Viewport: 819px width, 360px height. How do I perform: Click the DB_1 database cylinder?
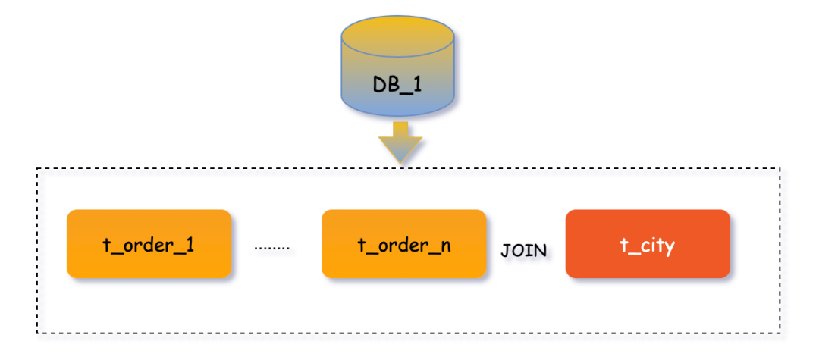(x=398, y=72)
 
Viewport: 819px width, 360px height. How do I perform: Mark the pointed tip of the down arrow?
(x=400, y=163)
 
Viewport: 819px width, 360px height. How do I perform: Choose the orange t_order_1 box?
(x=149, y=244)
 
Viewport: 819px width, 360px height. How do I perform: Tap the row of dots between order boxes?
(x=272, y=248)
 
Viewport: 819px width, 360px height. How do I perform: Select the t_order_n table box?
(x=403, y=244)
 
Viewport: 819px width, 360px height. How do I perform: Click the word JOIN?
(x=524, y=251)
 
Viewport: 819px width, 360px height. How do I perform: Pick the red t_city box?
(x=648, y=244)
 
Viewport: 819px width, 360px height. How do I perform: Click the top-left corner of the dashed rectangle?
(x=37, y=169)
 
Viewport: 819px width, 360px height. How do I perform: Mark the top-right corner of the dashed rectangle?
(x=780, y=169)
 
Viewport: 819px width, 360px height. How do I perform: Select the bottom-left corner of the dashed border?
(x=37, y=333)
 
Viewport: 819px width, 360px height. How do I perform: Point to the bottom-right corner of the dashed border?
(x=780, y=333)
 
